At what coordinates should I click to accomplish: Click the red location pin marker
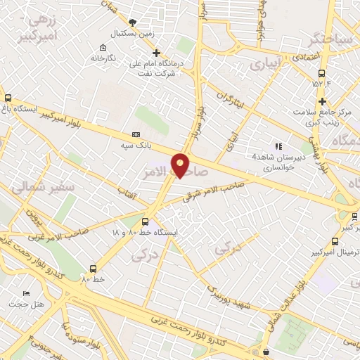(181, 165)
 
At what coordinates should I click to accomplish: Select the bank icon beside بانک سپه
(136, 134)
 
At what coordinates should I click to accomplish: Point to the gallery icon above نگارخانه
(103, 47)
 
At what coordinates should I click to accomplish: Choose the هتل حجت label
(27, 304)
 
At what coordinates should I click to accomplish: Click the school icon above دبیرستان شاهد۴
(278, 146)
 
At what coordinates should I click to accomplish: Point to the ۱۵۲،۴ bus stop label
(321, 84)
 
